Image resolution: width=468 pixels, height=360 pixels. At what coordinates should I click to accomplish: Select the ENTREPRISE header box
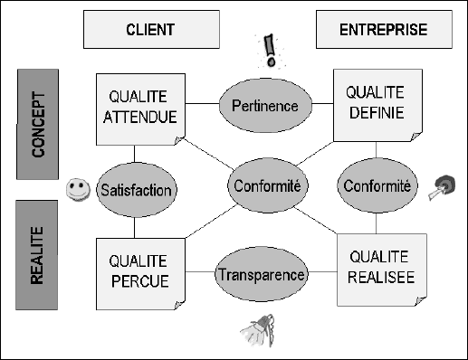coord(383,30)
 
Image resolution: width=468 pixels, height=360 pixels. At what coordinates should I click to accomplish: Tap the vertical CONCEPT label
coord(38,123)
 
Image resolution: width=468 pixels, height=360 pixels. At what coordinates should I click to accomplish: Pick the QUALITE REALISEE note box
coord(379,267)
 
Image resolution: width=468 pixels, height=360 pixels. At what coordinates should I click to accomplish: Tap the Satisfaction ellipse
coord(138,191)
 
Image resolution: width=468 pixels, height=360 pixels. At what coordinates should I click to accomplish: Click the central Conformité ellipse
coord(266,186)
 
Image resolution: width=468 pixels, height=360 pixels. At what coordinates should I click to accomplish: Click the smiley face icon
coord(76,190)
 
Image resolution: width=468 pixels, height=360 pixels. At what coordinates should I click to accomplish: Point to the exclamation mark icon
coord(268,50)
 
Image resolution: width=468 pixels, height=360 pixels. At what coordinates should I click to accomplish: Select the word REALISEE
coord(379,277)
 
